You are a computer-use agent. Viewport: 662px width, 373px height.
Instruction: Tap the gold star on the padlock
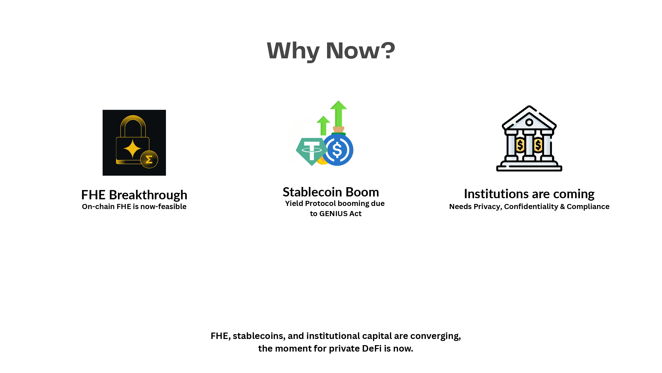(x=132, y=149)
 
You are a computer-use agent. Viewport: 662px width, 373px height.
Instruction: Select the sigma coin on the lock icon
(x=149, y=159)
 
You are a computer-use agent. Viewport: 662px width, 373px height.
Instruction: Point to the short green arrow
(x=323, y=126)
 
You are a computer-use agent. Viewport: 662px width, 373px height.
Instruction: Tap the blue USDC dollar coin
(x=338, y=150)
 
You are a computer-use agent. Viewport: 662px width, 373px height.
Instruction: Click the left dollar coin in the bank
(x=520, y=145)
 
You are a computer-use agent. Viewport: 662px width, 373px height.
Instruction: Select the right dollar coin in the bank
(x=538, y=145)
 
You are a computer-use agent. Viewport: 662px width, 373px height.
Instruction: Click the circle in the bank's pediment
(x=529, y=122)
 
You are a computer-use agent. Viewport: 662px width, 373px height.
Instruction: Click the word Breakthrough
(x=148, y=195)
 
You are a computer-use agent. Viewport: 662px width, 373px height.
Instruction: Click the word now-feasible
(x=164, y=206)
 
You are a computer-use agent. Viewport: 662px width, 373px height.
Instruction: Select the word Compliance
(x=588, y=207)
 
